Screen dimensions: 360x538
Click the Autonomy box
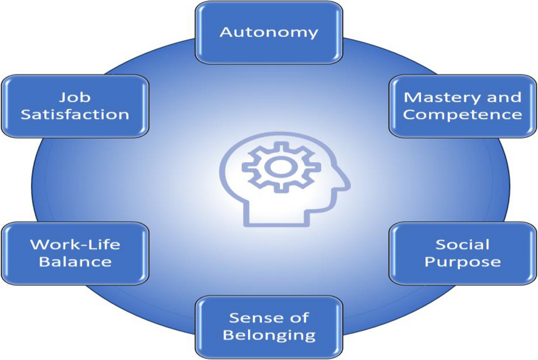pos(269,32)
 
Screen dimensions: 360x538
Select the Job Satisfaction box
pos(75,106)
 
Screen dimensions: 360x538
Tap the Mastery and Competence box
pos(462,106)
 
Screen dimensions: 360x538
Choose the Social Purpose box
pos(462,253)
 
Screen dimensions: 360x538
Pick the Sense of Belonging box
pos(269,327)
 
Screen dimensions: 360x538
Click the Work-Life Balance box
pos(75,253)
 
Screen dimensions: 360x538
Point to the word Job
pos(75,97)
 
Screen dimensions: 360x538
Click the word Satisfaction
pos(75,114)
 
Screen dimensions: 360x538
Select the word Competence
pos(462,114)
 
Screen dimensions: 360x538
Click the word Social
pos(462,245)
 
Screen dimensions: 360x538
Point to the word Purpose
pos(462,262)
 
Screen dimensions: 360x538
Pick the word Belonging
pos(269,335)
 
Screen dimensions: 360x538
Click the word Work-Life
pos(75,245)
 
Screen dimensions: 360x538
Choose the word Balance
pos(75,262)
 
